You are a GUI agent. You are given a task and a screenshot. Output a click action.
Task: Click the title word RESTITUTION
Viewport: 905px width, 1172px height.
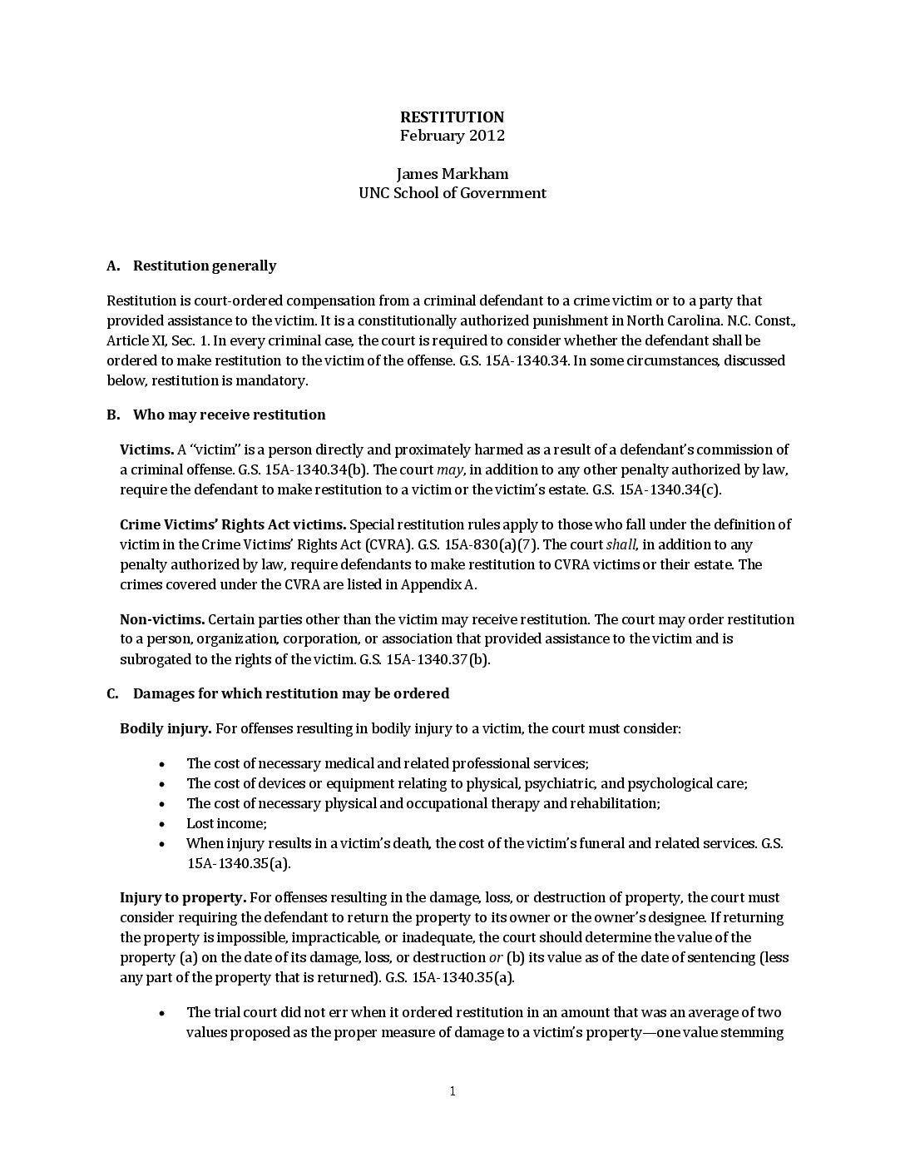click(x=452, y=117)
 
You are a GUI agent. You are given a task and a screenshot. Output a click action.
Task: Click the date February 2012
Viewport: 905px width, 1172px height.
click(x=452, y=136)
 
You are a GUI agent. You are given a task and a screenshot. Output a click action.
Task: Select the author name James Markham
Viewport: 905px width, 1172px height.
click(x=452, y=174)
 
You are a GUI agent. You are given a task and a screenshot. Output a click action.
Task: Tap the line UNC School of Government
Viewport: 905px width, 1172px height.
click(x=452, y=193)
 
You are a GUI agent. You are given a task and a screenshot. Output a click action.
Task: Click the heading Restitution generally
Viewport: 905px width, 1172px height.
click(x=205, y=266)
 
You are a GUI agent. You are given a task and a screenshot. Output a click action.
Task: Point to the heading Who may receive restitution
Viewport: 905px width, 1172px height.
click(x=229, y=415)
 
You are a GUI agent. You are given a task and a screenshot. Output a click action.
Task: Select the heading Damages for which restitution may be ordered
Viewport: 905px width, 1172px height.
click(x=290, y=693)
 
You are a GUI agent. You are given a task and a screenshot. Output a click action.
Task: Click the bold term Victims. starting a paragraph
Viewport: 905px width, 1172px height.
click(x=146, y=449)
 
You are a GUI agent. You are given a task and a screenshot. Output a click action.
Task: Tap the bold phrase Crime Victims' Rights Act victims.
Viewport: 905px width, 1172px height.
click(x=233, y=524)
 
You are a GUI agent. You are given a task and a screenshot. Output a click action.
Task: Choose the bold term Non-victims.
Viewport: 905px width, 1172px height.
click(x=162, y=619)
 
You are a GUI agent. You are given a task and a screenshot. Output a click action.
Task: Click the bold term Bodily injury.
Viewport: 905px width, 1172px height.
click(x=166, y=728)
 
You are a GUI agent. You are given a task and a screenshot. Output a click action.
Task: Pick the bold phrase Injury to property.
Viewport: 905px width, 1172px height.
click(x=182, y=897)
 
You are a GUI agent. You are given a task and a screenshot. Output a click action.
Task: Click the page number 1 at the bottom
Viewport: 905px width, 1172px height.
click(x=452, y=1091)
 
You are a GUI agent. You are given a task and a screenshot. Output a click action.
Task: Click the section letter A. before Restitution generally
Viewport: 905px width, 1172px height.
click(x=113, y=266)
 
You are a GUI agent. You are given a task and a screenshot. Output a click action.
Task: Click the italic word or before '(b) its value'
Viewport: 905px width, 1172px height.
click(x=495, y=957)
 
